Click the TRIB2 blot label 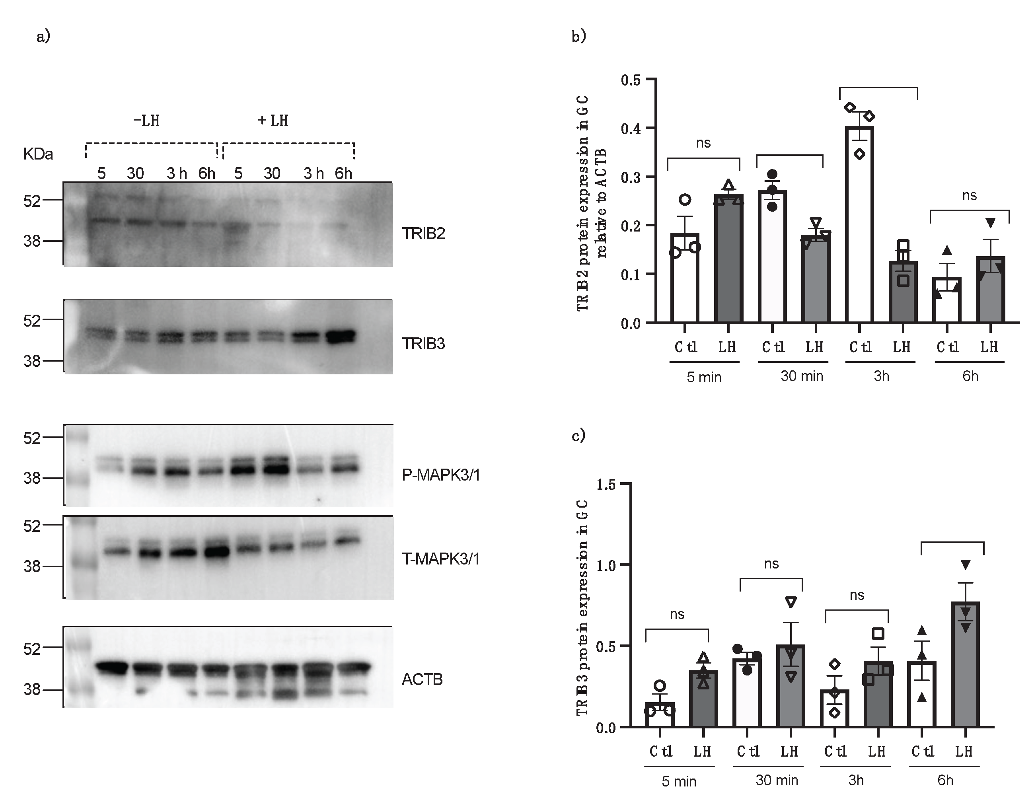pos(423,234)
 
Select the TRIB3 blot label pos(423,343)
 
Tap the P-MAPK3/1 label pos(441,475)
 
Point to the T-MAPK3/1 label pos(441,559)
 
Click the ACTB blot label pos(422,679)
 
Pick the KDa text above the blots pos(38,154)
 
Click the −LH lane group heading pos(146,121)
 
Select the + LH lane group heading pos(273,121)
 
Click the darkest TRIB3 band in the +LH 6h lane pos(340,337)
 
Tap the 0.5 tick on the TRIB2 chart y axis pos(631,80)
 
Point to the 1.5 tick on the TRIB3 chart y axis pos(606,485)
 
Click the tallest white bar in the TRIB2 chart pos(859,224)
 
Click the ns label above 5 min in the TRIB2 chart pos(703,143)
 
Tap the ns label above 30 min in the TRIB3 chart pos(771,564)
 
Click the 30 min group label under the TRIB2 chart pos(802,376)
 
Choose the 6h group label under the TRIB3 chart pos(945,780)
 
